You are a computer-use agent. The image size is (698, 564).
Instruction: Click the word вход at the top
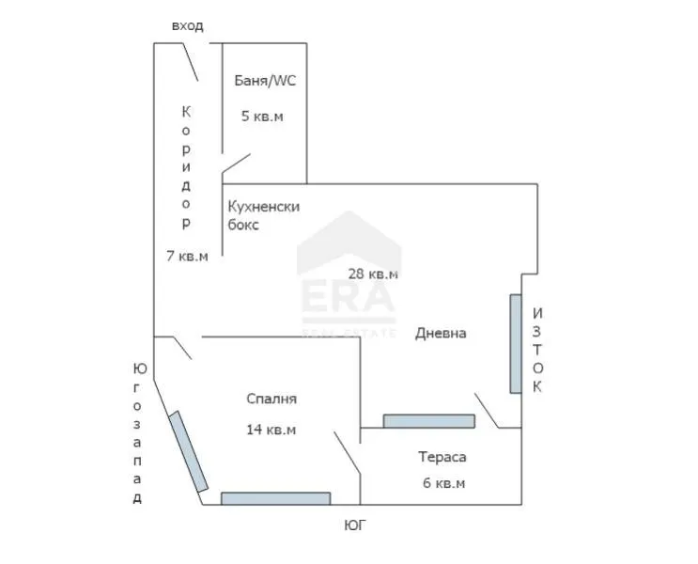pyautogui.click(x=187, y=25)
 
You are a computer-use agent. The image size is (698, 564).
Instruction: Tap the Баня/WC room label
pyautogui.click(x=265, y=81)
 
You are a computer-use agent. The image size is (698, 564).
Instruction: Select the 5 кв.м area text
pyautogui.click(x=262, y=117)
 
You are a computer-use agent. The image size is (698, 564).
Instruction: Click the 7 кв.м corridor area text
pyautogui.click(x=187, y=255)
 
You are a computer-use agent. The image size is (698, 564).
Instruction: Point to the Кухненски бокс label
pyautogui.click(x=263, y=215)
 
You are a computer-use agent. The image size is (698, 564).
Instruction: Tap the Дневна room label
pyautogui.click(x=441, y=333)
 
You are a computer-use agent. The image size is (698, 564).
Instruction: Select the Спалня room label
pyautogui.click(x=271, y=399)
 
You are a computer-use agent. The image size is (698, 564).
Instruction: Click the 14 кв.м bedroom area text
pyautogui.click(x=271, y=430)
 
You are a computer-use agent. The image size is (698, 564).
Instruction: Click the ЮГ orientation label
pyautogui.click(x=354, y=525)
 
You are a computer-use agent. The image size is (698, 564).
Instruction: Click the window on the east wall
pyautogui.click(x=515, y=343)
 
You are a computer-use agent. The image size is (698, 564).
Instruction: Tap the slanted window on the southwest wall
pyautogui.click(x=188, y=450)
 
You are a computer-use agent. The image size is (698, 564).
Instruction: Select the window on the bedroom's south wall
pyautogui.click(x=275, y=498)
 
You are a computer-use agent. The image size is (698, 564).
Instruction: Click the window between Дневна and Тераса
pyautogui.click(x=428, y=421)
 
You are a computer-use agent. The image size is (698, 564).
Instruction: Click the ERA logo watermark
pyautogui.click(x=348, y=282)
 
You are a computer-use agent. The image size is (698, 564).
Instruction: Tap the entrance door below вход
pyautogui.click(x=188, y=62)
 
